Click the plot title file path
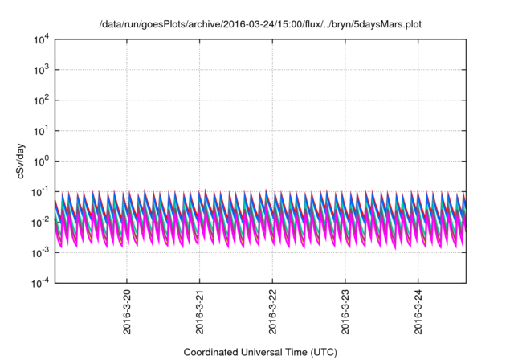[259, 25]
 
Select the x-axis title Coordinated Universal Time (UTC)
[259, 352]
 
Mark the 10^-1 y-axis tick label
[43, 191]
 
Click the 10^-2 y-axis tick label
[43, 222]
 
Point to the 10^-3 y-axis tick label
[43, 252]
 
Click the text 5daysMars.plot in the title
[389, 25]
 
